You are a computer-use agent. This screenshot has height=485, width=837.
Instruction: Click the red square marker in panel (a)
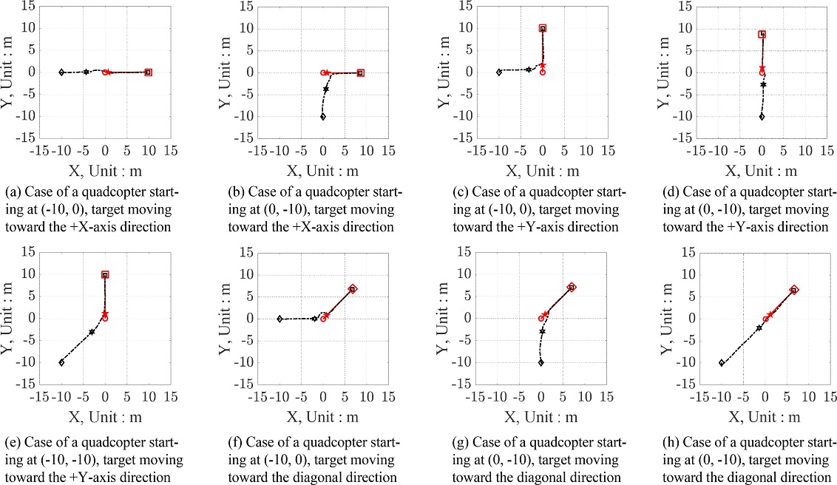[148, 72]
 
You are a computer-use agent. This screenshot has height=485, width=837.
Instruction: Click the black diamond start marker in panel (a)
[61, 72]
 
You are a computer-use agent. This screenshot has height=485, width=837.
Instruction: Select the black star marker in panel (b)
[325, 89]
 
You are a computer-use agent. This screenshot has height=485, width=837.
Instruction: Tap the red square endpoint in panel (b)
[360, 72]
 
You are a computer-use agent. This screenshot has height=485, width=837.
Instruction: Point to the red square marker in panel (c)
[543, 28]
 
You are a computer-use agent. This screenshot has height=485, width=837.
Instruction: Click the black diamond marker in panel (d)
[762, 117]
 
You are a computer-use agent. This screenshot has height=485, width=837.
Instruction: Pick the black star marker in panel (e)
[92, 332]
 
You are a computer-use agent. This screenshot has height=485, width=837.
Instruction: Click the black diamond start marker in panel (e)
[61, 362]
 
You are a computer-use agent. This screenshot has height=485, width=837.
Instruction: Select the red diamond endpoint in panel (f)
[353, 288]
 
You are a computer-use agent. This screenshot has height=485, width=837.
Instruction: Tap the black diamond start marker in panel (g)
[541, 362]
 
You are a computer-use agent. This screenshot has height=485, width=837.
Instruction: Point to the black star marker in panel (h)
[759, 328]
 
